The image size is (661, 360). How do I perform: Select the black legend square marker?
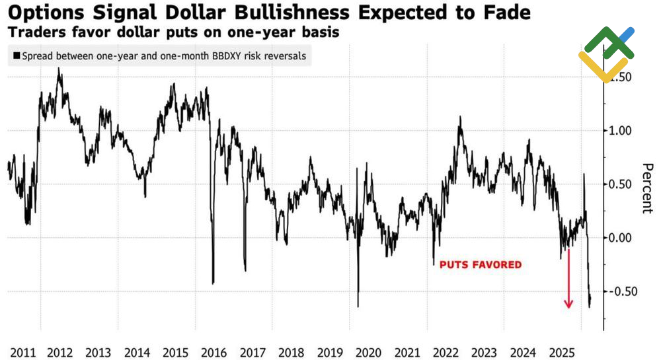(x=16, y=56)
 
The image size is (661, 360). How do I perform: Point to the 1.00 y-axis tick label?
(x=621, y=130)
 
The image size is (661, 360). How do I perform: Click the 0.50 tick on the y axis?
(x=621, y=184)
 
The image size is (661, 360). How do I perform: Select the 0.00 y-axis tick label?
(x=621, y=237)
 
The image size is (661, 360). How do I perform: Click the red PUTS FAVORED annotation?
(x=481, y=265)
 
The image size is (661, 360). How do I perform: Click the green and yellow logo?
(x=606, y=54)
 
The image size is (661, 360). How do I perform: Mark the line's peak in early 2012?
(x=59, y=69)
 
